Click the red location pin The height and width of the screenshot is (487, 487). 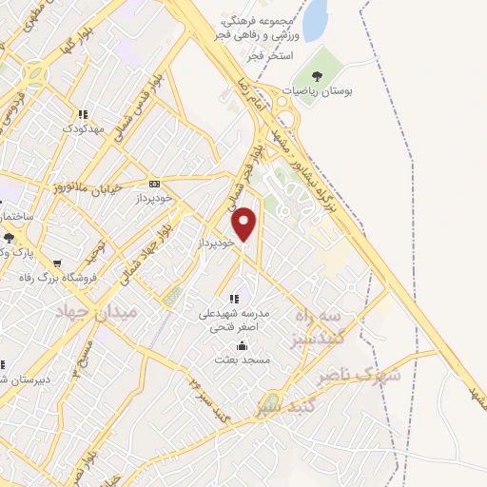click(245, 224)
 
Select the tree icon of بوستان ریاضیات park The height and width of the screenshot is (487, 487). click(316, 76)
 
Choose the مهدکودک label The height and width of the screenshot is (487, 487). click(84, 127)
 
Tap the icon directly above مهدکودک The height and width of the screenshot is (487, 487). click(84, 112)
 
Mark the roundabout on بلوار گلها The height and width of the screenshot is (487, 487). click(35, 72)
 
